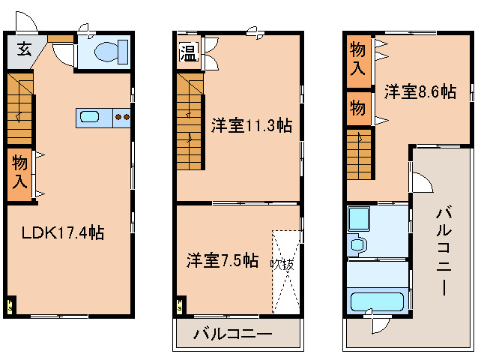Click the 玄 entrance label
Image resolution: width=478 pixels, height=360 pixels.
coord(23,50)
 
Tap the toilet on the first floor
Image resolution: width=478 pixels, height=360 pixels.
coord(104,52)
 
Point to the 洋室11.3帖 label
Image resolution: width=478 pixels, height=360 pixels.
coord(250,125)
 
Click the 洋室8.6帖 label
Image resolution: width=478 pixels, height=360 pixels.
coord(420,91)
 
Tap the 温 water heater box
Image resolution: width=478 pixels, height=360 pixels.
coord(187,54)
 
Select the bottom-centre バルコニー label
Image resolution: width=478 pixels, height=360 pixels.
coord(233,334)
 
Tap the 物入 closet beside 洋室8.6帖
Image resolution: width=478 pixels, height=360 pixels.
coord(358,59)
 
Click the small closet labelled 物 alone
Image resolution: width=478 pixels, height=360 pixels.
coord(357,108)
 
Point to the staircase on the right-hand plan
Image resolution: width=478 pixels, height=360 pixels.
coord(360,153)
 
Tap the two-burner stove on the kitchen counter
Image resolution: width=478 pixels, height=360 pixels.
coord(122,117)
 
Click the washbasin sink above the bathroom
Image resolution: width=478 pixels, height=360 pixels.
coord(358,244)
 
